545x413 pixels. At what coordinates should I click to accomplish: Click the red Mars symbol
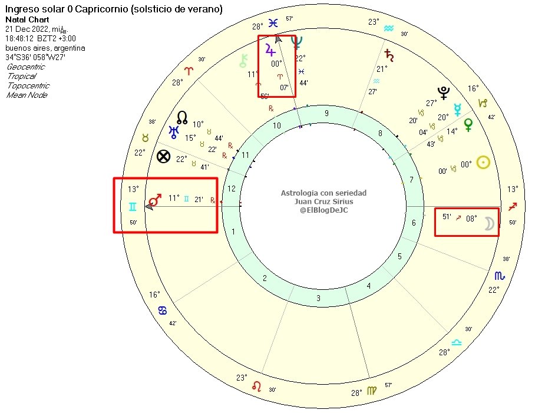(x=155, y=200)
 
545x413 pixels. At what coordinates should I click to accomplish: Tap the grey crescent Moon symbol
(x=488, y=223)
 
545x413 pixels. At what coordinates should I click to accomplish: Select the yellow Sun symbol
(x=483, y=163)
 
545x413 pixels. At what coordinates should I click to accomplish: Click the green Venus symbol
(x=468, y=124)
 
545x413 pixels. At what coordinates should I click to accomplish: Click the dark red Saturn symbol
(x=389, y=55)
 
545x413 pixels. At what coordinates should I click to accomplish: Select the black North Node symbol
(x=182, y=118)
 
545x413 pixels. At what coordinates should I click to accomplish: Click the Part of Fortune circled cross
(x=164, y=157)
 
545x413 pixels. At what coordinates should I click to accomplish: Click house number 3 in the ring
(x=318, y=298)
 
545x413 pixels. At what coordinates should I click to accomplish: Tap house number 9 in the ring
(x=326, y=114)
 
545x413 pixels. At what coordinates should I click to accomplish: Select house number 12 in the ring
(x=230, y=189)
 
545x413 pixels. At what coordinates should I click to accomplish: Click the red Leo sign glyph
(x=257, y=386)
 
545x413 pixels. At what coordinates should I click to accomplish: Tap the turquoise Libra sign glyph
(x=457, y=342)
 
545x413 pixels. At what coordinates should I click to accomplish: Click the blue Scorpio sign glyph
(x=499, y=276)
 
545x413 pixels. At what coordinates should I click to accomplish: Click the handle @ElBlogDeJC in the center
(x=323, y=210)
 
